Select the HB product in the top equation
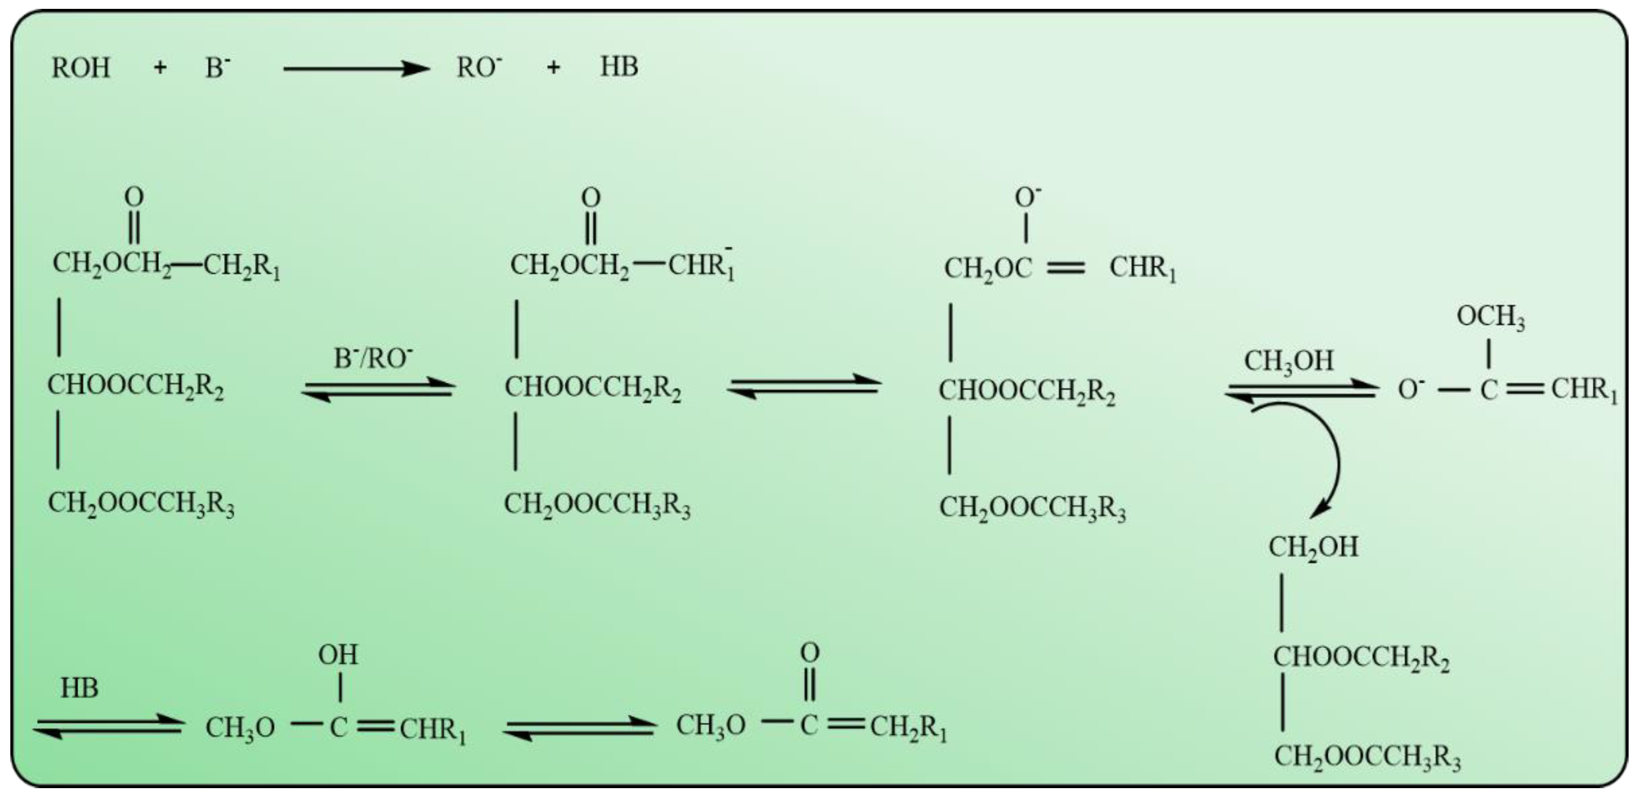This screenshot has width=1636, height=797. click(619, 66)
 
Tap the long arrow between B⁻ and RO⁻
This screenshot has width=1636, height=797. click(356, 68)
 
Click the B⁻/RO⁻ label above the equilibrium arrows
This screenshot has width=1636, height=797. click(373, 359)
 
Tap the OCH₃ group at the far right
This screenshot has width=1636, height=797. click(1490, 316)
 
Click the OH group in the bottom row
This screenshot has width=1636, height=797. click(338, 654)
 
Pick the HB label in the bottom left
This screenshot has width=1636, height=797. click(79, 688)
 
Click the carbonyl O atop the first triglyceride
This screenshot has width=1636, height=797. click(134, 197)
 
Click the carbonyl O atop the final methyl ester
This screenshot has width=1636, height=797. click(810, 652)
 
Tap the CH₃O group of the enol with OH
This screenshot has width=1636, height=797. click(240, 728)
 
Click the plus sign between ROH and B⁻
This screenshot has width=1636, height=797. click(160, 67)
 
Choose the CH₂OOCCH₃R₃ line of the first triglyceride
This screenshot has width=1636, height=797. click(141, 504)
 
